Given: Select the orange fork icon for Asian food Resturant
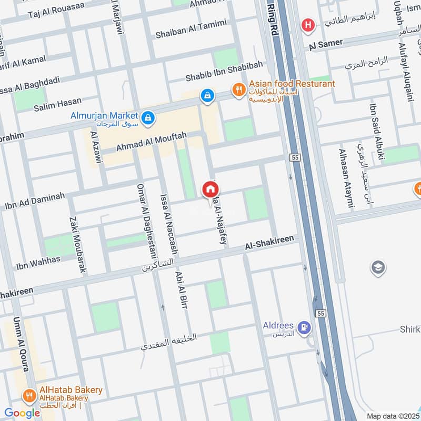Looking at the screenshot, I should click(239, 90).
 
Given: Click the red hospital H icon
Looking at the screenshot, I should click(307, 25).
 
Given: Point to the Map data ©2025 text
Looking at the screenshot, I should click(392, 416).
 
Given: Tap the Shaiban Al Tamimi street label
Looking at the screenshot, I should click(191, 29).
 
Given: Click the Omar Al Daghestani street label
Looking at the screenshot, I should click(142, 220).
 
